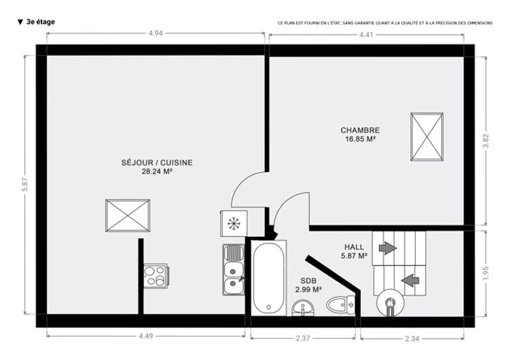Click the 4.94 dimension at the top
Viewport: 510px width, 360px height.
(155, 33)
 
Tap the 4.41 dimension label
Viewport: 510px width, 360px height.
(367, 35)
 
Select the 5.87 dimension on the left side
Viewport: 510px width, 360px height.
(26, 185)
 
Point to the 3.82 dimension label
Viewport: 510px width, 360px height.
(486, 141)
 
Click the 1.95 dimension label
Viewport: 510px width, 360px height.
(486, 273)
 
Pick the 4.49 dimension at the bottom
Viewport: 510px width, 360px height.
(146, 336)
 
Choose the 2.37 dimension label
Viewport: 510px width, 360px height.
(303, 339)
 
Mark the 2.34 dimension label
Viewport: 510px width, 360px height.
(412, 339)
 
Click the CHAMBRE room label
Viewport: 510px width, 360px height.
(360, 130)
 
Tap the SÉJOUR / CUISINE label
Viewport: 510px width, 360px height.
(157, 163)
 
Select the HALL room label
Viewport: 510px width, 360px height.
(354, 247)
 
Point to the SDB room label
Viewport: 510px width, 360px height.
(308, 280)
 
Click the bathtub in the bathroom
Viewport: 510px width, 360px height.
(269, 278)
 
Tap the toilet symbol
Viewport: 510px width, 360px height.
(341, 305)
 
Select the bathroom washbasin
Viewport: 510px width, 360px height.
(303, 307)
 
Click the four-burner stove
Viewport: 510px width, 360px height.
(156, 276)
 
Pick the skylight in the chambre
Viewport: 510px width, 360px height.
(427, 137)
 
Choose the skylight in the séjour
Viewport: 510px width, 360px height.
(127, 216)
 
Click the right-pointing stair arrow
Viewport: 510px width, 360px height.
(388, 249)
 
